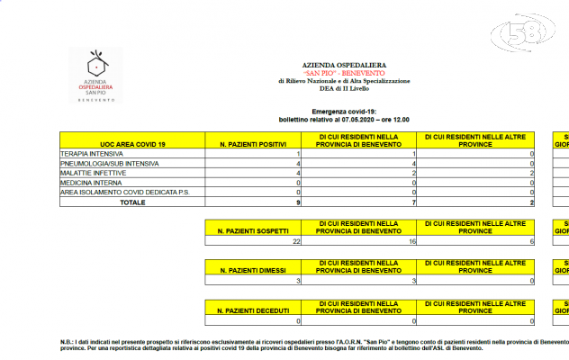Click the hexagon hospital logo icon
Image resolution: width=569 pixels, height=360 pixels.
94,65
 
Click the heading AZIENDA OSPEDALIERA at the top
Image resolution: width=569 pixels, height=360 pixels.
343,66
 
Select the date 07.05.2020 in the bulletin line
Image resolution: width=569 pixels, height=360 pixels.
371,119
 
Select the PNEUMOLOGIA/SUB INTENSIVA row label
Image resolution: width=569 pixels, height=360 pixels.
109,164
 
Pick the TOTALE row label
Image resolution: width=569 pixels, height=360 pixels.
132,202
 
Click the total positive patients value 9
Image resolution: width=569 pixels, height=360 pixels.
297,202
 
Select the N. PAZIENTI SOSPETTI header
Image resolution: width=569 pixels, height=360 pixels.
253,232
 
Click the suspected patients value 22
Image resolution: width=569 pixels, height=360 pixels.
296,242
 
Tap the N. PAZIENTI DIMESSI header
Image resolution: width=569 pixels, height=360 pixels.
253,270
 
